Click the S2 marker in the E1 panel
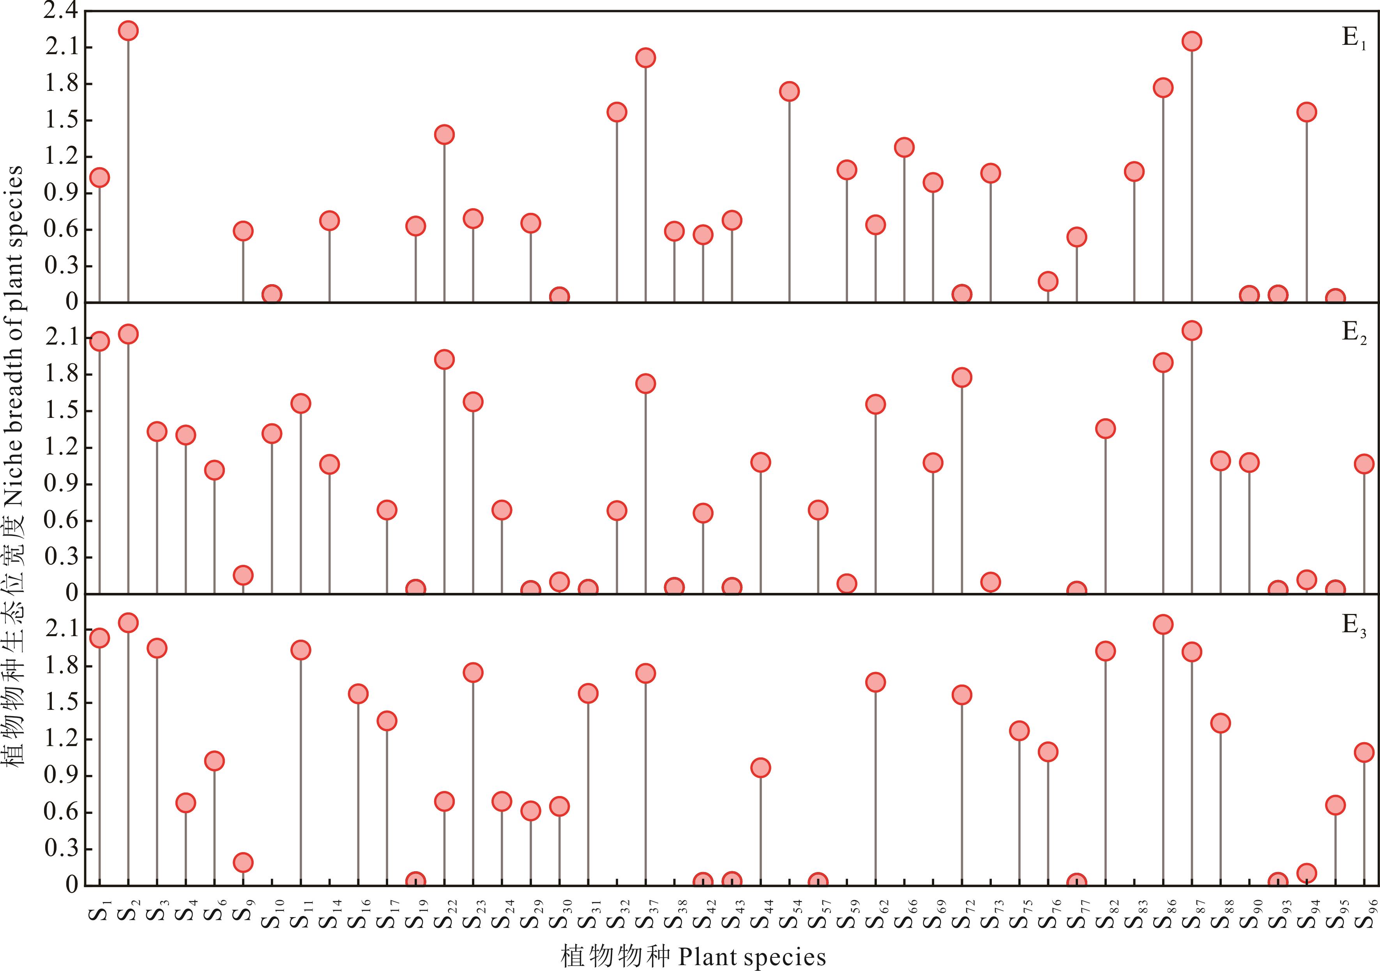[128, 31]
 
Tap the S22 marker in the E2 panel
[444, 359]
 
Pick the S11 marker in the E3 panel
[300, 650]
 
